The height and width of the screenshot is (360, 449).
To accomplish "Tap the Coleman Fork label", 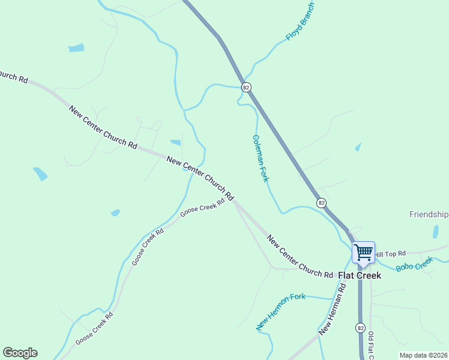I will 260,158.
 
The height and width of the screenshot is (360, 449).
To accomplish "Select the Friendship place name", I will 429,214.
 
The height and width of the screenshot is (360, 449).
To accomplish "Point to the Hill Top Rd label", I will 390,254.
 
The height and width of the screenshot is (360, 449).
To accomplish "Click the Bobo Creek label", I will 414,264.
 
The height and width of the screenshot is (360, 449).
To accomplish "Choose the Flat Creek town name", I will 360,275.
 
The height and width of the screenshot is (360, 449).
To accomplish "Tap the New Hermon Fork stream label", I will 281,311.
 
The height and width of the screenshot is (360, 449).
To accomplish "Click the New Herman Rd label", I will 333,308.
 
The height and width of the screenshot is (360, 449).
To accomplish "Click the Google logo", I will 20,353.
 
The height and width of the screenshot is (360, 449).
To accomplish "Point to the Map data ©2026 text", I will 424,355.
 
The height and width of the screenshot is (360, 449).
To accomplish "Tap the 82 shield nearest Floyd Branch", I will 246,87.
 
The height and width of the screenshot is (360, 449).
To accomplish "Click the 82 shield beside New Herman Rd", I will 360,328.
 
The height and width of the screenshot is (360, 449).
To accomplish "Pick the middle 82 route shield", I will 322,203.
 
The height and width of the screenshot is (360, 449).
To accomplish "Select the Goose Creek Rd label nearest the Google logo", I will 94,329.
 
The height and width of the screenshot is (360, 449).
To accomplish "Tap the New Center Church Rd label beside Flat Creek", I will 300,257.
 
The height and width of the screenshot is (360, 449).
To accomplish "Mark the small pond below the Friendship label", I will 436,232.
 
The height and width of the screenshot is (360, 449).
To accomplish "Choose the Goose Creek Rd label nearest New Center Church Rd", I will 202,206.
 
